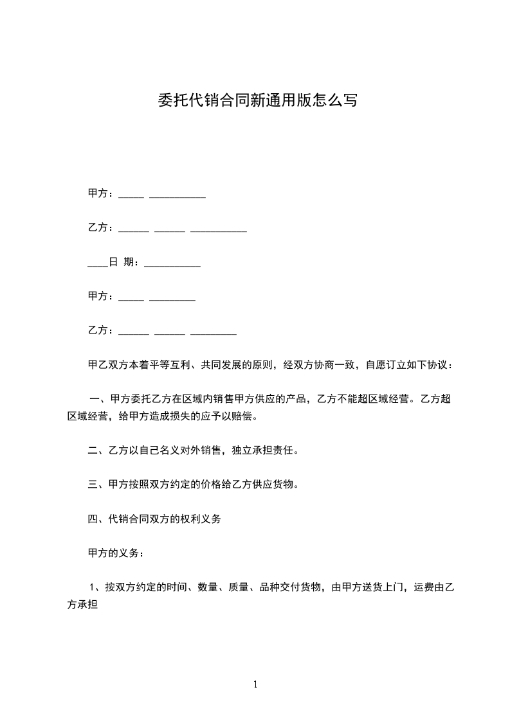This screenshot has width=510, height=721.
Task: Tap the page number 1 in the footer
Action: tap(255, 684)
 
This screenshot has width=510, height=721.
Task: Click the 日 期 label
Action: tap(122, 262)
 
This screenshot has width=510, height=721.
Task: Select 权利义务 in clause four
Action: tap(201, 519)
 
